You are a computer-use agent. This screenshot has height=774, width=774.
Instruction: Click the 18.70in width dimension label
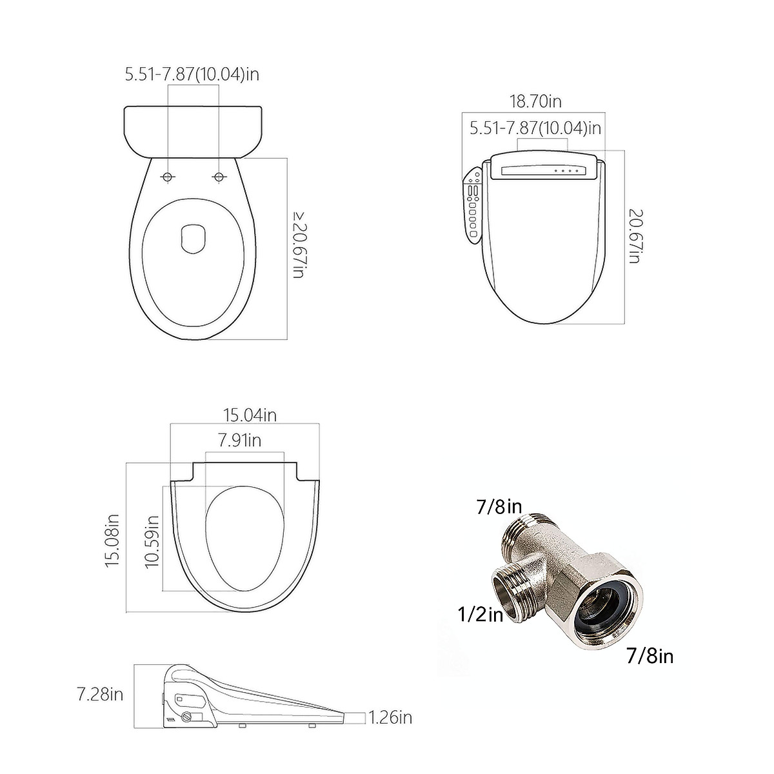click(x=535, y=101)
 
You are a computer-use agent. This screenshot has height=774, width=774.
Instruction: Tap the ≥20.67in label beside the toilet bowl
click(x=297, y=245)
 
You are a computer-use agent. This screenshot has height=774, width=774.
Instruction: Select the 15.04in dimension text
click(x=250, y=415)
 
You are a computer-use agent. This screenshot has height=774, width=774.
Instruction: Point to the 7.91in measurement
click(x=239, y=441)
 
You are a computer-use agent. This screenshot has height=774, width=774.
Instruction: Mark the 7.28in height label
click(x=100, y=695)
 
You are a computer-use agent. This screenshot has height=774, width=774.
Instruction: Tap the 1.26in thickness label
click(x=390, y=717)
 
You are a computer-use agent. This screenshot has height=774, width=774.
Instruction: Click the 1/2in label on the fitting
click(x=481, y=615)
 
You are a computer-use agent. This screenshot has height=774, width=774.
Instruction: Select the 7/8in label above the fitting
click(x=499, y=507)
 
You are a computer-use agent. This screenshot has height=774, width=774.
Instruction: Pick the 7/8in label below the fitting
click(x=650, y=657)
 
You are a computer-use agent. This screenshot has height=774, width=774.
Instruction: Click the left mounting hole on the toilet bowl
click(x=168, y=177)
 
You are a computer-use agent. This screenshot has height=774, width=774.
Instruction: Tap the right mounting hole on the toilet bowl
click(x=219, y=177)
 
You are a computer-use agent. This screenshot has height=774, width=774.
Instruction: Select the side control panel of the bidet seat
click(x=473, y=206)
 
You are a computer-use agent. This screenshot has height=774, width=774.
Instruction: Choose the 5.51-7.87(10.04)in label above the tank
click(x=192, y=74)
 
